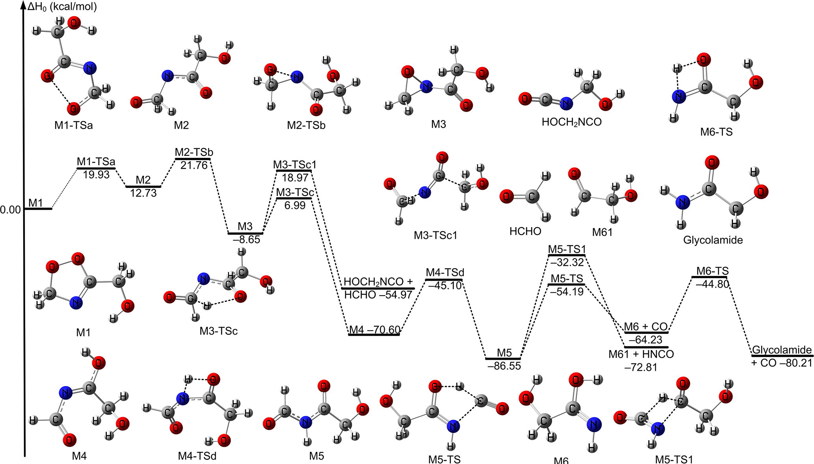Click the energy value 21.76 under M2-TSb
click(194, 165)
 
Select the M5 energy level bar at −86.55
click(503, 359)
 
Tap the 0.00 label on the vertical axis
click(11, 209)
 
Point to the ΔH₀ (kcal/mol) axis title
click(62, 7)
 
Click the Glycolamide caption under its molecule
click(713, 240)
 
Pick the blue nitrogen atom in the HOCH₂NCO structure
click(566, 104)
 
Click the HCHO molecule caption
click(525, 231)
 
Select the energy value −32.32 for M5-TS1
click(567, 262)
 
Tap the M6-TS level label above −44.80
click(712, 271)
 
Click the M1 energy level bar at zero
click(38, 209)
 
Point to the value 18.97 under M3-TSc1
click(295, 177)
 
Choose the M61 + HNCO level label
click(641, 354)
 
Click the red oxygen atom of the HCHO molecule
click(506, 196)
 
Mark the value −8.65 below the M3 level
click(247, 240)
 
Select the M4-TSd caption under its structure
click(197, 456)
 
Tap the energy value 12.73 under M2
click(143, 193)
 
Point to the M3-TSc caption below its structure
click(219, 331)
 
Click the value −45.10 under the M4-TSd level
click(445, 285)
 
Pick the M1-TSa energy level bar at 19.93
click(96, 168)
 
